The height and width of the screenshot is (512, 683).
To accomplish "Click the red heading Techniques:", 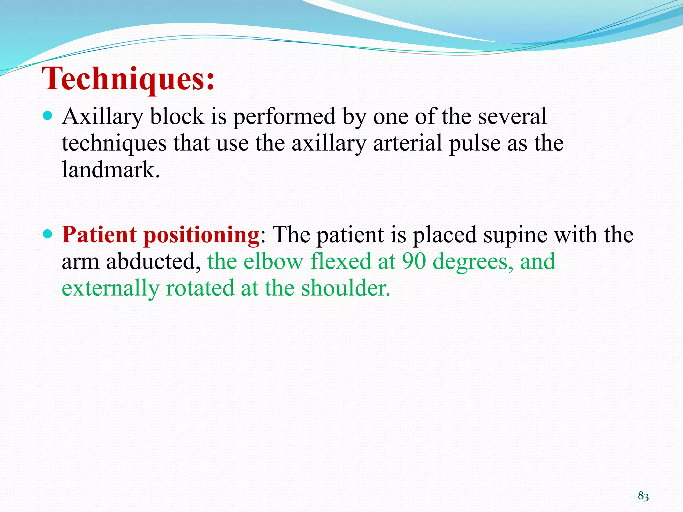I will coord(128,79).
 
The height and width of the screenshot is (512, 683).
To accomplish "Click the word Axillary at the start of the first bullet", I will coord(102,117).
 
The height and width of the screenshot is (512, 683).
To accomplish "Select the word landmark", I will coord(111,170).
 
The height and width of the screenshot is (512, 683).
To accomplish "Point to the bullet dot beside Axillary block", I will coord(48,116).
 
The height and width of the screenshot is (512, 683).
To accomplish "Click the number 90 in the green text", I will coord(414,261).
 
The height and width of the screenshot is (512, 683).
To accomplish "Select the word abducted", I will coord(153,261).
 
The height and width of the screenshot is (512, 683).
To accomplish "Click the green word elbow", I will coord(273,261).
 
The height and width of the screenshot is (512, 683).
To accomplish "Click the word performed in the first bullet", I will coord(284,117).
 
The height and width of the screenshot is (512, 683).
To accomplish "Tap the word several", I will coord(512,117).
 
